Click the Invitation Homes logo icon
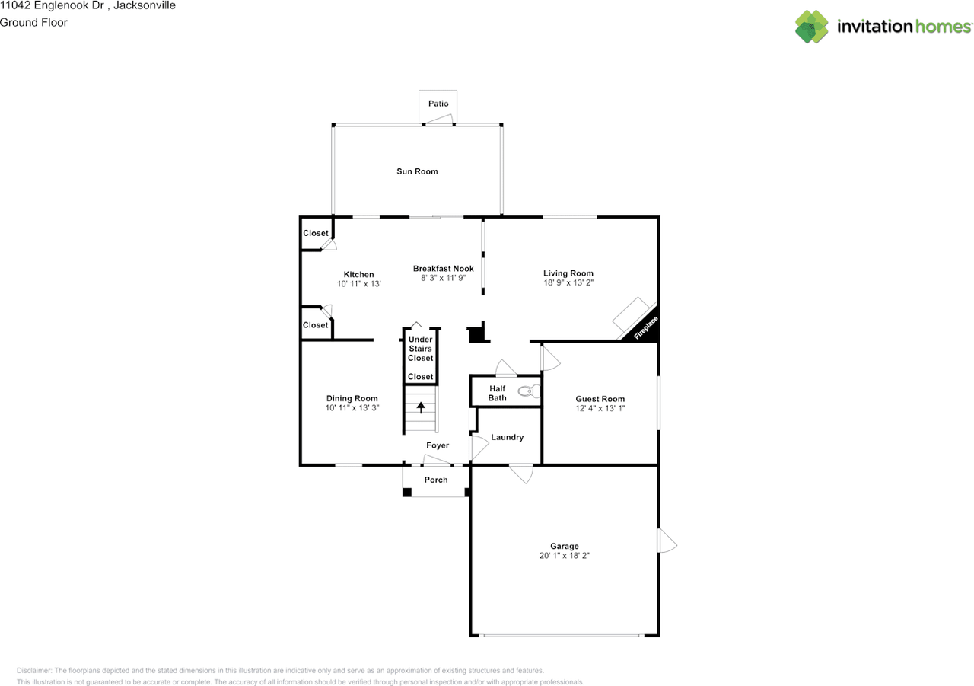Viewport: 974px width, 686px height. [x=812, y=27]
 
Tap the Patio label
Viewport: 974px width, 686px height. [x=438, y=104]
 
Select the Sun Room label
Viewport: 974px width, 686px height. [x=417, y=171]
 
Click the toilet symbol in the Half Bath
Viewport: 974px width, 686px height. [x=528, y=392]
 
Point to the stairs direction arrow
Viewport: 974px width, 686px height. [x=421, y=407]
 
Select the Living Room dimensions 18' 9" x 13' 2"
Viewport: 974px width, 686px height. [x=568, y=282]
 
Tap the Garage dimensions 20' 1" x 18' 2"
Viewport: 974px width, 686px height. [x=564, y=556]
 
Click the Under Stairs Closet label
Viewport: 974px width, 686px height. [x=420, y=349]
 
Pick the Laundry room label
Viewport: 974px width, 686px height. [x=507, y=437]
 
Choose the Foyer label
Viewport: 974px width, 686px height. [x=438, y=445]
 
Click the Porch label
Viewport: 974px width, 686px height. [x=436, y=480]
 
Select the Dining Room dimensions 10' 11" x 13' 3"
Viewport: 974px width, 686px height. [x=352, y=408]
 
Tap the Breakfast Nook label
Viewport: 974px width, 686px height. [x=443, y=269]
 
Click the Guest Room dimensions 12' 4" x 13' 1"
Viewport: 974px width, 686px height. [x=600, y=408]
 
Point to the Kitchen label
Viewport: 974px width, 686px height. [x=358, y=274]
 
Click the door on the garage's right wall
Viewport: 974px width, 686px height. [x=667, y=541]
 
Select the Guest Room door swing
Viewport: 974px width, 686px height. [x=549, y=358]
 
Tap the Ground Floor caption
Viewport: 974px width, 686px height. [x=33, y=23]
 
